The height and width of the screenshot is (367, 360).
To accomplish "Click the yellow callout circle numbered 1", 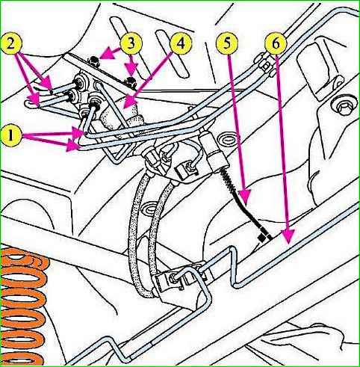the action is point(12,135).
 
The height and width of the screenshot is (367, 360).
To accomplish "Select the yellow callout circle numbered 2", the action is point(11,44).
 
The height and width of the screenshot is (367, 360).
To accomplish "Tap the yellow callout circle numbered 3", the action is point(131,44).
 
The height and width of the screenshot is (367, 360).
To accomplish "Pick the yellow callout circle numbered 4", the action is point(181,44).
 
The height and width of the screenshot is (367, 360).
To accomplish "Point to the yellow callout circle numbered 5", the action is point(227,44).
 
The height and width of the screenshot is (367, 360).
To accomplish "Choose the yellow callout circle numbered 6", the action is point(276,44).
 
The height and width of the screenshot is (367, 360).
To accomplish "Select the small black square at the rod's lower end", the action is point(262,238).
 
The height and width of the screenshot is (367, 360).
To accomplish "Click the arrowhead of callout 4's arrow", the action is point(130,103).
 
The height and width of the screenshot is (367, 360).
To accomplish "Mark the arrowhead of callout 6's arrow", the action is point(288,236).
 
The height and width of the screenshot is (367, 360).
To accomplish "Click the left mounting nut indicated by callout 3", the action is point(93,60).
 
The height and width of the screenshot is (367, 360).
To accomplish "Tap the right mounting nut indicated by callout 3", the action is point(131,81).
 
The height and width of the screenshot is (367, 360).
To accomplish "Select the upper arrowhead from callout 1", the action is point(78,132).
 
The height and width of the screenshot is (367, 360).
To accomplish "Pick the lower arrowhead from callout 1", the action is point(73,146).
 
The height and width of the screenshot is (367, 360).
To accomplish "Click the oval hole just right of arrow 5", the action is point(226,140).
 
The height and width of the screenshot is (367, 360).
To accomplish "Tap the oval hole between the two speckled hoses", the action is point(149,208).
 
